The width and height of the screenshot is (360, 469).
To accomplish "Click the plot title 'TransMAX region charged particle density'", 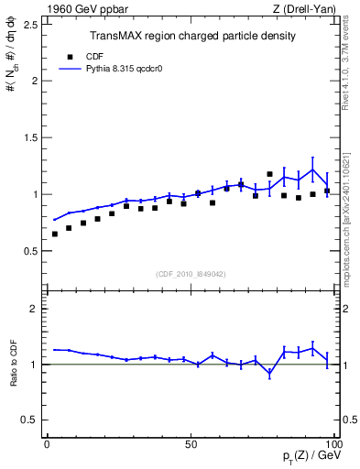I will click(191, 37).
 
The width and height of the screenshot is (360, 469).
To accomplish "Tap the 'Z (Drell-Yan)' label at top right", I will click(305, 8).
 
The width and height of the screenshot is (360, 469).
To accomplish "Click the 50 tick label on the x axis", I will click(191, 443).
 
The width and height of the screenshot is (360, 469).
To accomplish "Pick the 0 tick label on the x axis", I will click(48, 443).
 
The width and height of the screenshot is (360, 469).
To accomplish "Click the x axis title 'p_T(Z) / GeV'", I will click(311, 456).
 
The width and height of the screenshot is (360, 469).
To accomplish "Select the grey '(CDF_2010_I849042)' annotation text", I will click(191, 273).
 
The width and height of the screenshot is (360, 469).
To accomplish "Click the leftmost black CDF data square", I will click(55, 234).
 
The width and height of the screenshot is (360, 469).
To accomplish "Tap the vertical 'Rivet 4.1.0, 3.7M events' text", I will click(352, 69).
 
